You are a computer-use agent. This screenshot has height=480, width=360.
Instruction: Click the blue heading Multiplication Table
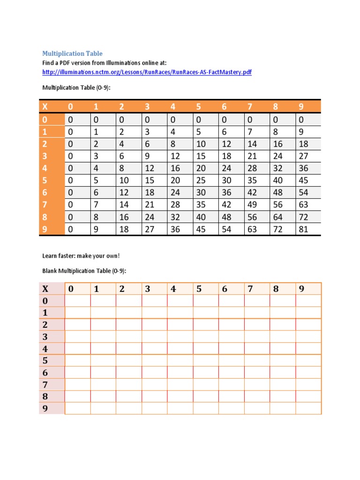[72, 53]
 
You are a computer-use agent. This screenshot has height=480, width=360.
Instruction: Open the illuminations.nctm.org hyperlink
[147, 72]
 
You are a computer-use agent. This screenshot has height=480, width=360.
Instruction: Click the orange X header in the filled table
[45, 107]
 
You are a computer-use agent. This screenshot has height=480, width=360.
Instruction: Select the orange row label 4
[45, 168]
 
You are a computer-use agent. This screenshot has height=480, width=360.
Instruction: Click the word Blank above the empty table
[50, 271]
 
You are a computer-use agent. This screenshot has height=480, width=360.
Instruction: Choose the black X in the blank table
[45, 289]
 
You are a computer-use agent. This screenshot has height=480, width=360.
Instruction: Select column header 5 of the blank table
[199, 289]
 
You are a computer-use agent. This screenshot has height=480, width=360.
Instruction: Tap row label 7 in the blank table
[45, 384]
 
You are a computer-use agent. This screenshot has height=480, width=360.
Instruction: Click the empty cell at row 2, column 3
[154, 324]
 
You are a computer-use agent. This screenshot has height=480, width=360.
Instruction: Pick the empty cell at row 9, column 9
[308, 408]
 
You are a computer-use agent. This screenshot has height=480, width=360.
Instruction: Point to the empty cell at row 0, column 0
[77, 300]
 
